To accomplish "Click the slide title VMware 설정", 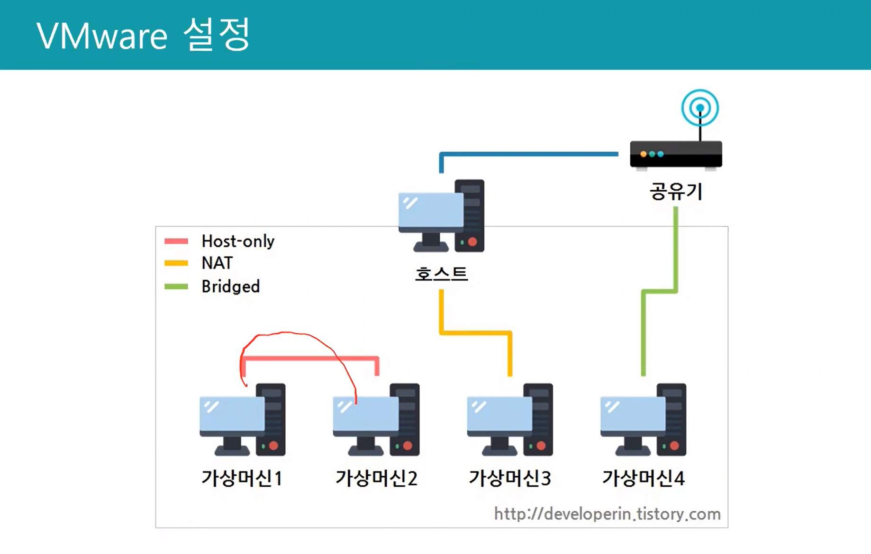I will (143, 35).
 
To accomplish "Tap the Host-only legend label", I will (238, 241).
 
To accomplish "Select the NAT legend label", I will (217, 263).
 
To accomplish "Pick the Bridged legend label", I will (230, 286).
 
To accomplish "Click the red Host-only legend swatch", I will (176, 241).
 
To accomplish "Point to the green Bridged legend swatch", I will (176, 286).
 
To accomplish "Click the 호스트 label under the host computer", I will (441, 274).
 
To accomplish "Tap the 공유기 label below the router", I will (675, 191).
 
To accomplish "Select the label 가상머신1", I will (242, 478).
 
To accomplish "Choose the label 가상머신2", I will (376, 478).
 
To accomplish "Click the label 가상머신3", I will (510, 478).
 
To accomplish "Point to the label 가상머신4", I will (643, 478).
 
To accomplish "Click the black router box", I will (676, 154).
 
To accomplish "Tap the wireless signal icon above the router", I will (700, 108).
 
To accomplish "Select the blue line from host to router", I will (528, 154).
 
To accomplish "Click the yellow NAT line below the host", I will (475, 332).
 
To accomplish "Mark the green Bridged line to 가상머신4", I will (643, 332).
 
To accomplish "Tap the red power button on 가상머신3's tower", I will (541, 446).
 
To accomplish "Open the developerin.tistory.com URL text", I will (607, 514).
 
